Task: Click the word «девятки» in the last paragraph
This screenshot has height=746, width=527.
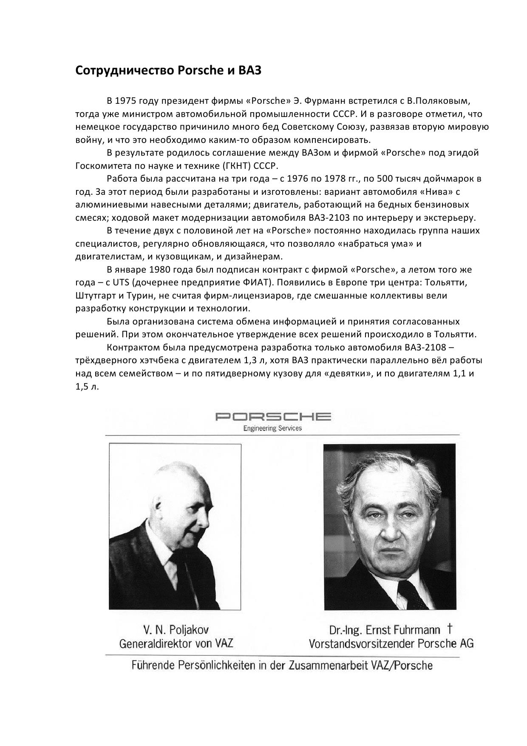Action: click(347, 373)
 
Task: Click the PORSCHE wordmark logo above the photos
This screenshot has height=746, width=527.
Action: click(273, 416)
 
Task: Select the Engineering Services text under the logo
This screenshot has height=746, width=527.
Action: click(272, 428)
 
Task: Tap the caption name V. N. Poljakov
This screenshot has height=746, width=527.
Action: click(176, 630)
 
